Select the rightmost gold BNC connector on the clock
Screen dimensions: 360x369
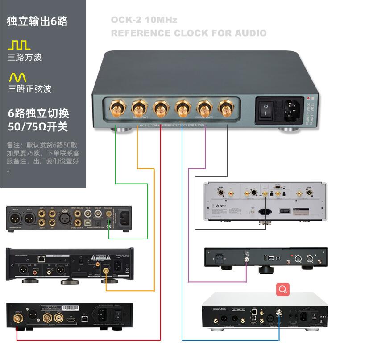[x=224, y=108]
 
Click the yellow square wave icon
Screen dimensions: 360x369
[x=19, y=45]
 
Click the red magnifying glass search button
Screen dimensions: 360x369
[x=282, y=289]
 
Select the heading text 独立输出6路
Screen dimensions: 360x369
[x=37, y=21]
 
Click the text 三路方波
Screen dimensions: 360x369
[x=25, y=57]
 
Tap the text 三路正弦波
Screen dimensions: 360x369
[x=29, y=89]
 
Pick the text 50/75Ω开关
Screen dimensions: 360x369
[x=38, y=127]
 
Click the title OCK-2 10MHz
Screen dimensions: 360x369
[x=144, y=20]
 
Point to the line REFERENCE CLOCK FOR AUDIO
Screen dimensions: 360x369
[x=188, y=33]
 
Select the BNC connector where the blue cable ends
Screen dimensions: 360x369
[x=280, y=313]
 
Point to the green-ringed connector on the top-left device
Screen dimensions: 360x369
[x=109, y=214]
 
